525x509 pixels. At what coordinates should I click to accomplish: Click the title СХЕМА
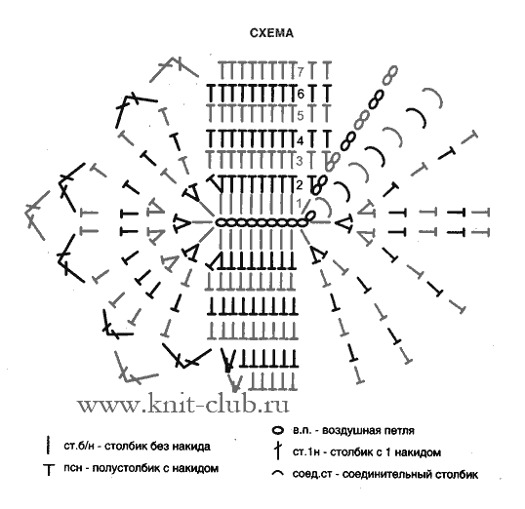[x=271, y=33]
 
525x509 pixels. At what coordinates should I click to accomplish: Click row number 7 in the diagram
[x=301, y=71]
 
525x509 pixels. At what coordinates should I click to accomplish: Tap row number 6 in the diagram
[x=301, y=94]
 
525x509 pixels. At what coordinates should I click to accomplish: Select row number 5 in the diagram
[x=301, y=115]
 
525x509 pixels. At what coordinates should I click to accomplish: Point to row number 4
[x=301, y=140]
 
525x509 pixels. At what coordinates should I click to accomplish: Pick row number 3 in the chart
[x=300, y=161]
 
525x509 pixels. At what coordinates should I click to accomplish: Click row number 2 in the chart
[x=300, y=184]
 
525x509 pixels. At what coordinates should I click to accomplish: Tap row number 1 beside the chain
[x=300, y=203]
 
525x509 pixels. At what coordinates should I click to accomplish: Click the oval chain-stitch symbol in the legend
[x=278, y=430]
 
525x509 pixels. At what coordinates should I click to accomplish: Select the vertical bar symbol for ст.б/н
[x=49, y=445]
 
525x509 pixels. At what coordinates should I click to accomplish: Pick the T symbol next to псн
[x=49, y=469]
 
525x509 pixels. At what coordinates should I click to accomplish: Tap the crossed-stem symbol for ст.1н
[x=277, y=451]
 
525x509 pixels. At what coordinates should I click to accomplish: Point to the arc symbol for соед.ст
[x=278, y=473]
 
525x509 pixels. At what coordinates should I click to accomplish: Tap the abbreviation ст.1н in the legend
[x=306, y=452]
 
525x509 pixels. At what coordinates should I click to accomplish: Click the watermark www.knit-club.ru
[x=182, y=405]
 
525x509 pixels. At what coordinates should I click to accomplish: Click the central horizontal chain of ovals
[x=262, y=222]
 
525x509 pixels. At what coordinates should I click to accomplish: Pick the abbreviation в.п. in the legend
[x=303, y=430]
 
